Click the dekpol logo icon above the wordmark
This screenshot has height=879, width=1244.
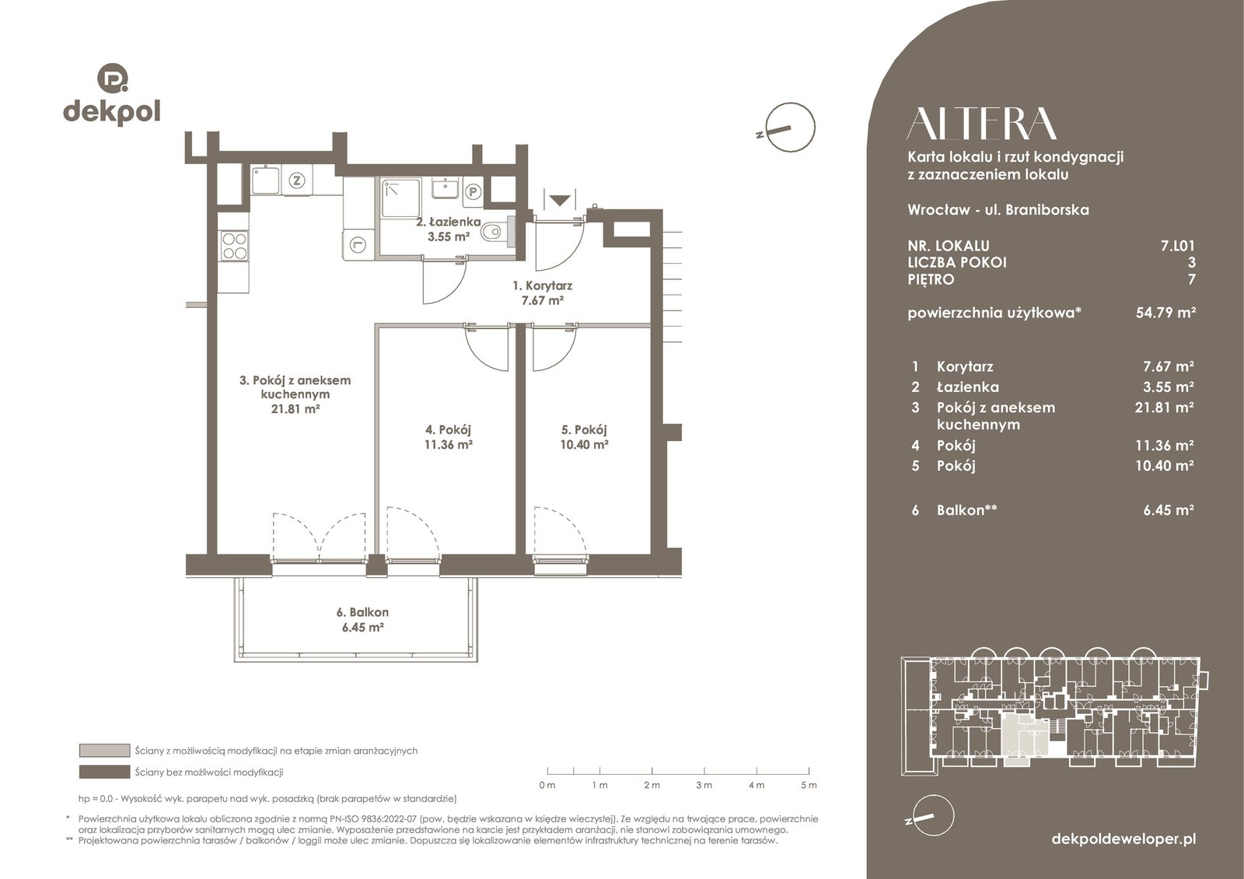pos(113,78)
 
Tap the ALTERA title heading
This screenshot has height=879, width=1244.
pos(981,124)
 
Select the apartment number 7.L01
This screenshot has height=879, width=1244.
pos(1177,246)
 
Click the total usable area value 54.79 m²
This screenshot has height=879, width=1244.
pos(1165,313)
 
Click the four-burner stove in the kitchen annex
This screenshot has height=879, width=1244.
pos(234,246)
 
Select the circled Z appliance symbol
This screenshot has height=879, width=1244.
pos(298,180)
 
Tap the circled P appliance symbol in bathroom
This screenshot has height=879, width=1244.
pos(473,192)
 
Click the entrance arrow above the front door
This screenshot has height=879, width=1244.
pos(559,200)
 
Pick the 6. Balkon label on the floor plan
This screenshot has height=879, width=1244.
pos(362,612)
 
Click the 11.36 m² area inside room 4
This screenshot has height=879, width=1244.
pos(448,444)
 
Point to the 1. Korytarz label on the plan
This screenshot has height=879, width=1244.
pos(542,285)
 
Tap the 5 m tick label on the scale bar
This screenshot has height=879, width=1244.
pos(809,785)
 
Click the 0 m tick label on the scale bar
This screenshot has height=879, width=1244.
pos(547,785)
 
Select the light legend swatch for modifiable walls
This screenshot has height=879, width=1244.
pos(104,751)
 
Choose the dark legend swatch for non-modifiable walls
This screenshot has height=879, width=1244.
pos(104,772)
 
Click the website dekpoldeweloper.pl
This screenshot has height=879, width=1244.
pos(1123,839)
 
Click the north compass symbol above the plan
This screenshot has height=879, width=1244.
pos(788,128)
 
